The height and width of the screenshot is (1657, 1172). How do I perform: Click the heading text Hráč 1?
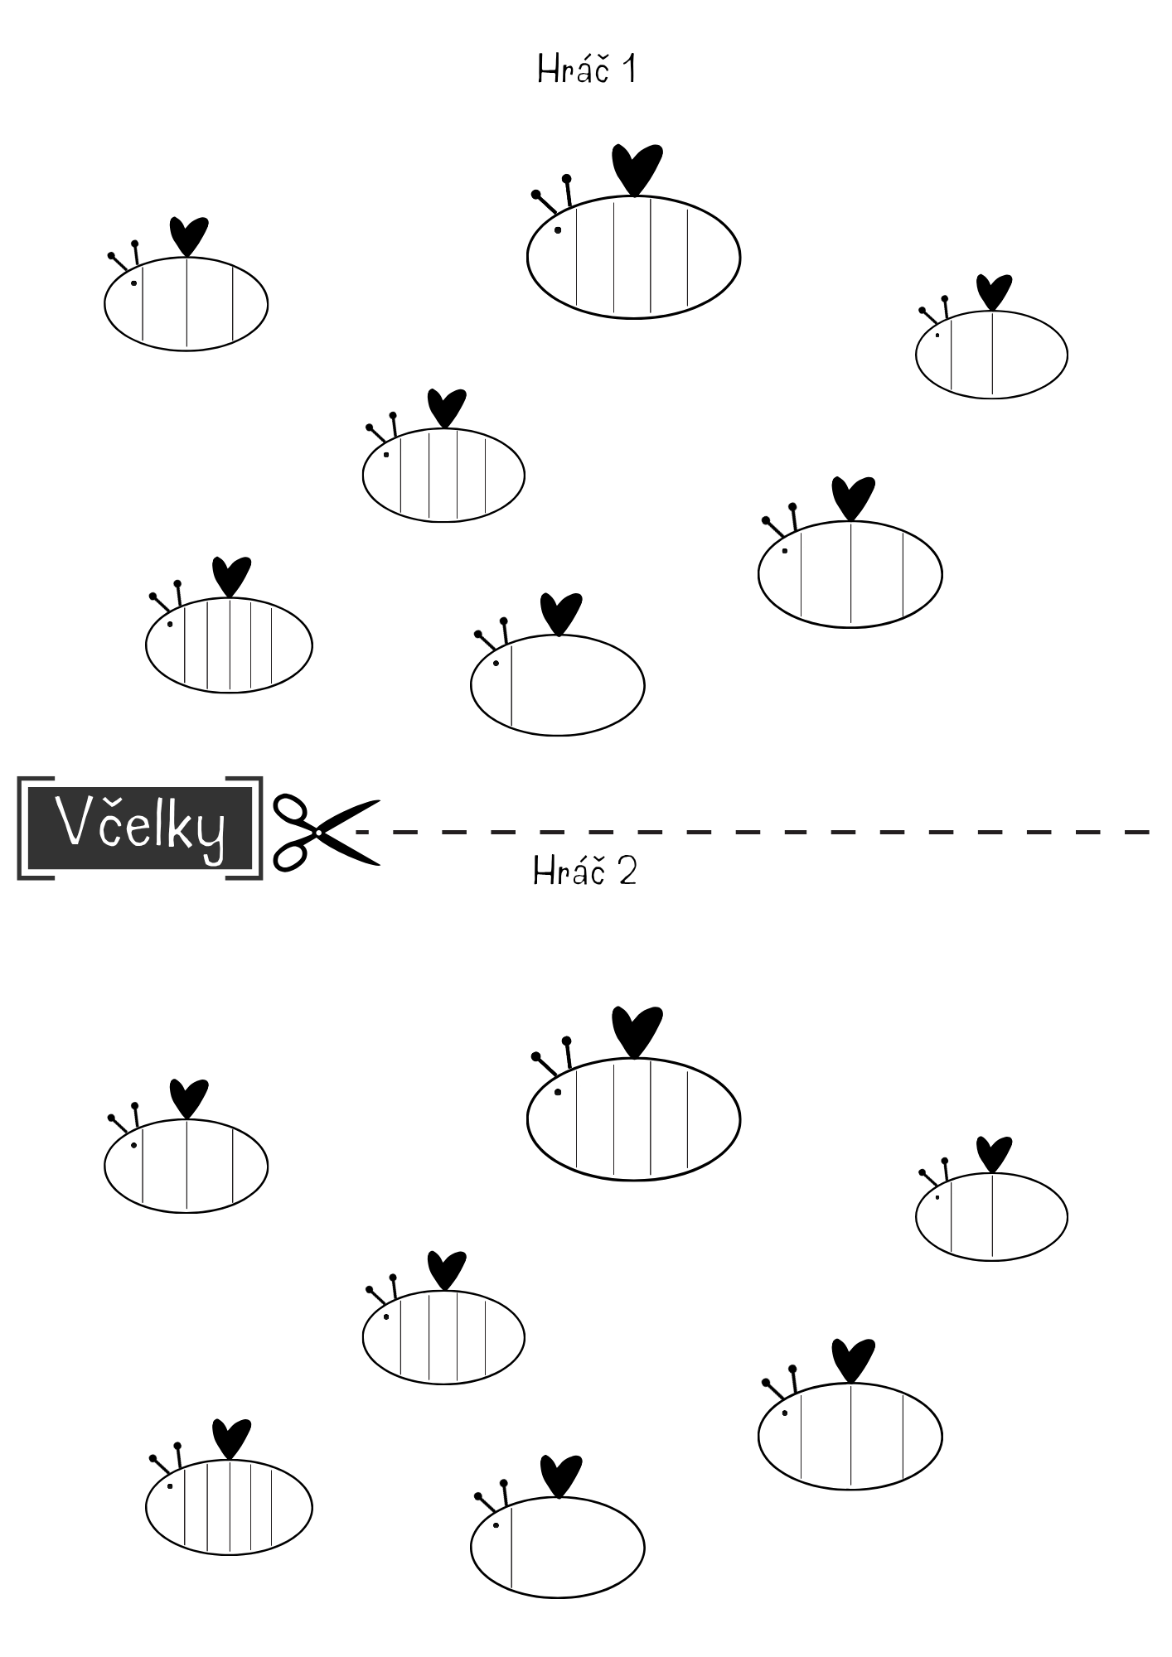pos(586,69)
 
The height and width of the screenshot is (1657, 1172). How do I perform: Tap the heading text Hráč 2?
pos(585,871)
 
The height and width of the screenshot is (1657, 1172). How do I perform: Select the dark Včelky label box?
pos(138,828)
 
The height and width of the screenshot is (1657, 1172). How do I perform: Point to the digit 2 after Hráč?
pos(627,872)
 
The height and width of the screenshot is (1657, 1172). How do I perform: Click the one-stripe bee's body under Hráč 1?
pos(557,684)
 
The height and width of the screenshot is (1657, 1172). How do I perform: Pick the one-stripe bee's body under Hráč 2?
pos(557,1547)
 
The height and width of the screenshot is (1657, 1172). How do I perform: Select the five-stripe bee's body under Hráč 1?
pos(229,645)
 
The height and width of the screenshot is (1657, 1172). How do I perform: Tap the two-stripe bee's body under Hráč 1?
pos(991,355)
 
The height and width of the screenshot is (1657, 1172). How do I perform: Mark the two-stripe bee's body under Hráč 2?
pos(991,1217)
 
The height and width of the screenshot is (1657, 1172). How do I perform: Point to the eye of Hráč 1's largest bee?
pos(558,229)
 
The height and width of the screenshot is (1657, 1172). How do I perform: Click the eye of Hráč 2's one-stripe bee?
pos(496,1525)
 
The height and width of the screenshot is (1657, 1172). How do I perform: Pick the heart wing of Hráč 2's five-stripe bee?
pos(231,1439)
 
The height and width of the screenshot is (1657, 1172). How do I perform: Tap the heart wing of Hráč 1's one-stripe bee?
pos(561,614)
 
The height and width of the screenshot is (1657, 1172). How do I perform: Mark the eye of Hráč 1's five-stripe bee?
pos(170,623)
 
